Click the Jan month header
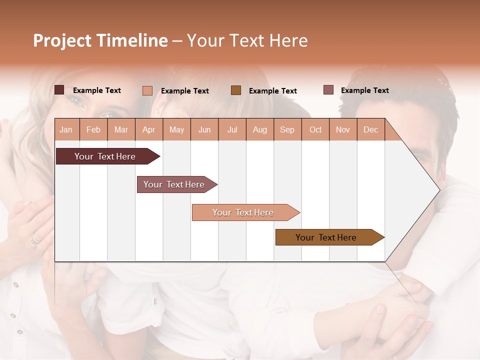(x=66, y=130)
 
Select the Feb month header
(x=93, y=130)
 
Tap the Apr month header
(x=148, y=130)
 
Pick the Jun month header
(x=204, y=130)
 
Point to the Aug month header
(x=259, y=130)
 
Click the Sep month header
(x=287, y=130)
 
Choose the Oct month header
(x=315, y=130)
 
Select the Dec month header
(x=370, y=130)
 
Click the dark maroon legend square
(x=59, y=90)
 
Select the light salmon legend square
(x=147, y=90)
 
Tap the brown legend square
(x=236, y=90)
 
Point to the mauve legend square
(x=328, y=90)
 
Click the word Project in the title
(x=62, y=40)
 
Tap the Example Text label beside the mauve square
(x=364, y=90)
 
